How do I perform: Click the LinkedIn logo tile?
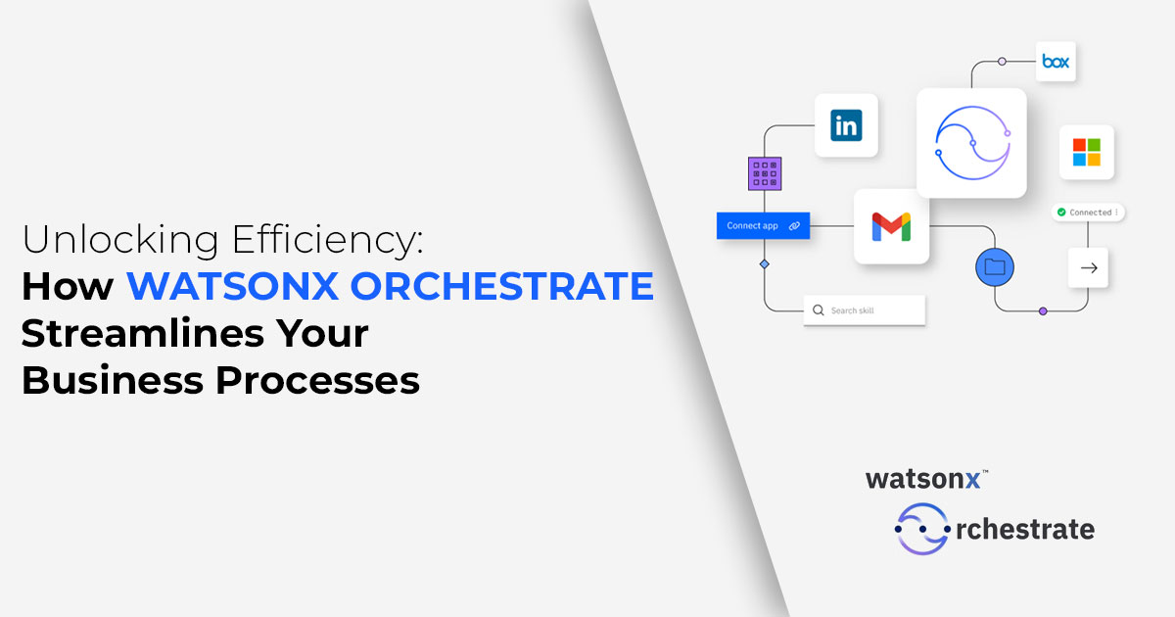(846, 125)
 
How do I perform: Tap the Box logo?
(1056, 62)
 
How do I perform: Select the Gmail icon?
(891, 226)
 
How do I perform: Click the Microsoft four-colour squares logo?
(1086, 152)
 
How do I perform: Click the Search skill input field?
(865, 310)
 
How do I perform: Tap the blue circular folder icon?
(995, 267)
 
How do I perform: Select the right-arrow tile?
(1089, 268)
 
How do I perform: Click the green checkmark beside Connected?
(1061, 212)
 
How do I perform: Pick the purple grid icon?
(765, 173)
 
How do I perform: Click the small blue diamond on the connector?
(765, 263)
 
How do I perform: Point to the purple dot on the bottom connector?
(1043, 311)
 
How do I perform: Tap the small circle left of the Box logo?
(1002, 62)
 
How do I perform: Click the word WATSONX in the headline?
(232, 286)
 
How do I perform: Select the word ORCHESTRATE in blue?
(502, 286)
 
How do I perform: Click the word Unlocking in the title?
(120, 239)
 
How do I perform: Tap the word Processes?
(317, 381)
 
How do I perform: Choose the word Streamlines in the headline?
(143, 334)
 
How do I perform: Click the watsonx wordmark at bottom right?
(923, 479)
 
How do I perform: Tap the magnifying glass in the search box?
(819, 310)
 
